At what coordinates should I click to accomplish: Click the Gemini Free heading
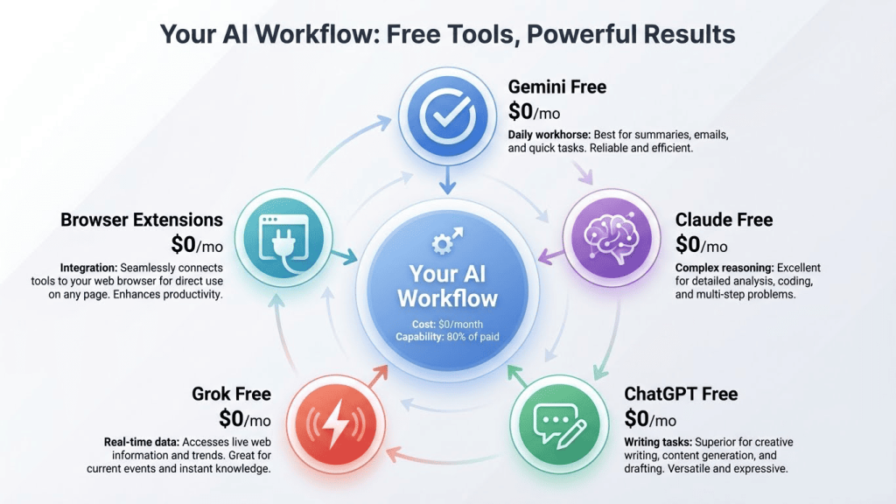click(x=556, y=87)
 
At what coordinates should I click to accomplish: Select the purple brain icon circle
click(x=608, y=234)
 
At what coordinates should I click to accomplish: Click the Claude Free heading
click(x=724, y=220)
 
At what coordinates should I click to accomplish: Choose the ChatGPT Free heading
click(x=681, y=394)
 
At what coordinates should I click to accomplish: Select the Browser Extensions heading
click(x=142, y=220)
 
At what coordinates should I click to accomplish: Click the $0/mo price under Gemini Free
click(x=534, y=112)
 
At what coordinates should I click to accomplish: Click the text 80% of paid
click(x=470, y=337)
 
